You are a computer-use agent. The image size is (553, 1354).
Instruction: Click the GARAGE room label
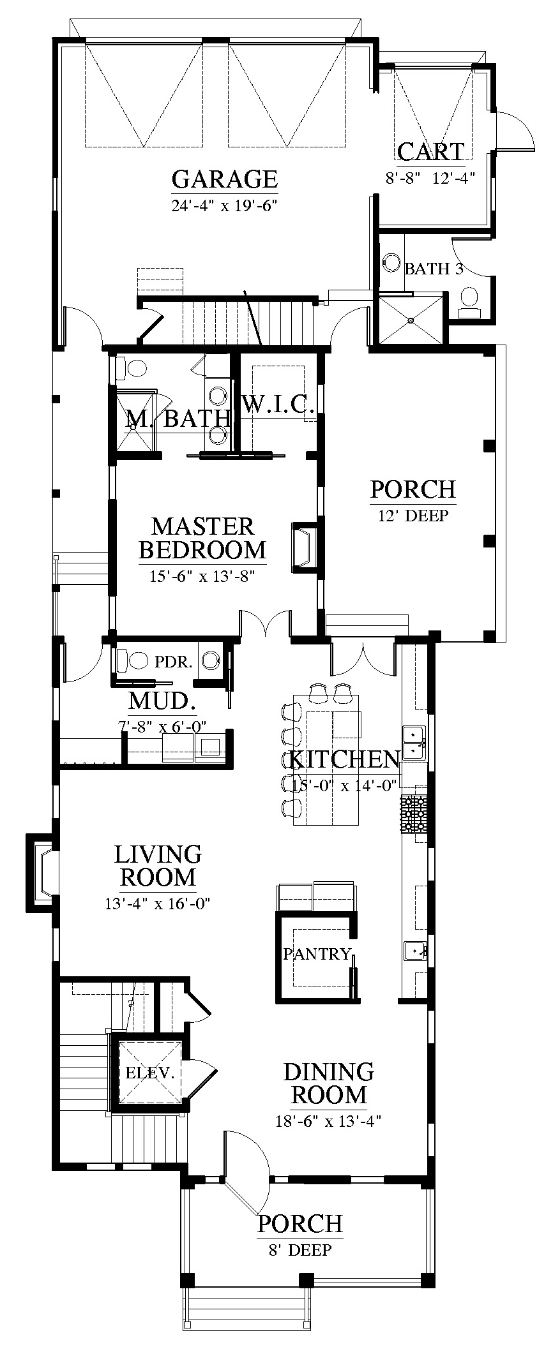(225, 179)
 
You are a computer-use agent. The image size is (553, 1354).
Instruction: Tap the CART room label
(431, 152)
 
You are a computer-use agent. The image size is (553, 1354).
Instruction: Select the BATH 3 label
(434, 269)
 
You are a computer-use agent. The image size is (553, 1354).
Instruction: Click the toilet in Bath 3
(469, 302)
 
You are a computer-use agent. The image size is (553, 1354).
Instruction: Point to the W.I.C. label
(278, 404)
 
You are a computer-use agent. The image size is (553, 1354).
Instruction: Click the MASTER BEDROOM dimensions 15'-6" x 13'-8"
(202, 577)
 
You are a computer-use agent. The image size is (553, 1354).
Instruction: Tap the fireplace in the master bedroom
(304, 546)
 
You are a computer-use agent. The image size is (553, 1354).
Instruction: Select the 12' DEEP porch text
(413, 515)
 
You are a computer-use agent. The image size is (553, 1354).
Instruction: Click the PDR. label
(173, 662)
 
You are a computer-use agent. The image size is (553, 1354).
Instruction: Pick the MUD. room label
(162, 701)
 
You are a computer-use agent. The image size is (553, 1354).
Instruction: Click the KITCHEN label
(344, 759)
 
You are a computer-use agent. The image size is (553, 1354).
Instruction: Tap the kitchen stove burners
(414, 814)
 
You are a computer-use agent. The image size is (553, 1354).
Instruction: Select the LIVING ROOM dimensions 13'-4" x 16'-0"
(158, 904)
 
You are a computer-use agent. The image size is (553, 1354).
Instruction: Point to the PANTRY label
(317, 954)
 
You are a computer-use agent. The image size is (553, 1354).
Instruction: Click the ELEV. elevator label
(150, 1073)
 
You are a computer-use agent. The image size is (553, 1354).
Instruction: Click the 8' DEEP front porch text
(300, 1250)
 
